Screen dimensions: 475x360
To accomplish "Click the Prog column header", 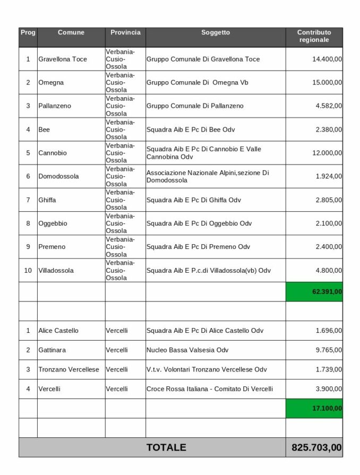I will tap(28, 33).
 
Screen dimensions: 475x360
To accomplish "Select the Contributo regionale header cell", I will tap(313, 36).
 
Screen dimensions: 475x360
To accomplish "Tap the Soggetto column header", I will tap(216, 33).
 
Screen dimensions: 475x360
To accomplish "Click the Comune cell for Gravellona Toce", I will tap(62, 59).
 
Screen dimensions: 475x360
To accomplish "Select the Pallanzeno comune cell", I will tap(55, 106).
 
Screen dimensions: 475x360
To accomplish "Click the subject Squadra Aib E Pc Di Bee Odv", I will tap(191, 129).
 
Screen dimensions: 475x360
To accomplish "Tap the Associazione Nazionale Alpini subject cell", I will tap(208, 176).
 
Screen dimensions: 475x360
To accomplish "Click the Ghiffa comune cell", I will tap(47, 200).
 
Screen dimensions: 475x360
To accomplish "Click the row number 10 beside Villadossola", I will tap(28, 270).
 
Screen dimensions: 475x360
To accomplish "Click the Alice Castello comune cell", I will tap(58, 331).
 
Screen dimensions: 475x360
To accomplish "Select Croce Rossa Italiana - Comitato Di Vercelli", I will tap(209, 389).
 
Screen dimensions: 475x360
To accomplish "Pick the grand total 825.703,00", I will tap(316, 447).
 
